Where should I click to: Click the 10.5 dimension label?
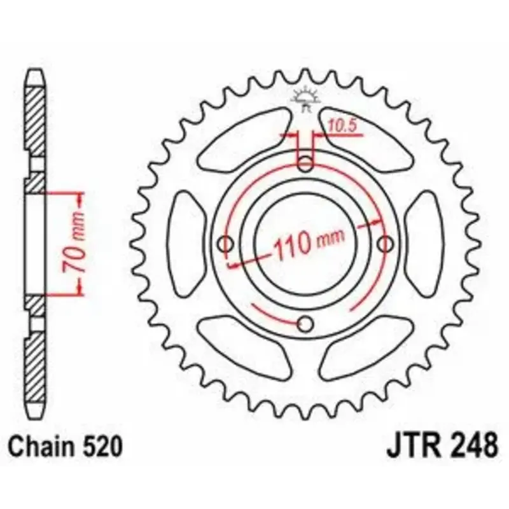tap(342, 126)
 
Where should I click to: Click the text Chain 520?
tap(66, 447)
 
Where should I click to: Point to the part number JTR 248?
tap(442, 447)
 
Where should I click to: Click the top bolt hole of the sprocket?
tap(305, 164)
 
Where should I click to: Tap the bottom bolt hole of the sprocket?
tap(305, 323)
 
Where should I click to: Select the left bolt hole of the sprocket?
tap(226, 244)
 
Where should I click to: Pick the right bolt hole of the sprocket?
tap(385, 244)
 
